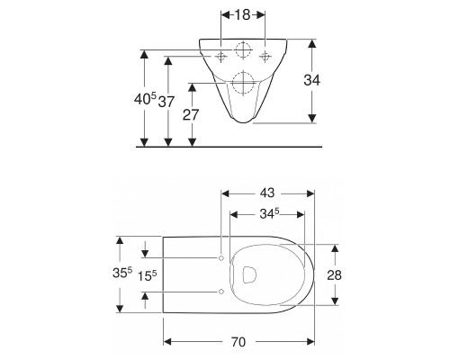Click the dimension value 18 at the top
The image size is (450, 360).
[242, 14]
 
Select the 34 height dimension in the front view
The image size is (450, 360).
[312, 80]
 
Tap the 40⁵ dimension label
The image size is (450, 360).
[145, 99]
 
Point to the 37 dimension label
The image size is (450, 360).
[166, 102]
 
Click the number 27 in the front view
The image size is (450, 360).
[191, 114]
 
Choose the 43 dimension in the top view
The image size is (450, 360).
[267, 193]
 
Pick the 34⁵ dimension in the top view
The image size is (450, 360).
[269, 213]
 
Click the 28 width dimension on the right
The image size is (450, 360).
[334, 274]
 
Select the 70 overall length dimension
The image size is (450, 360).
[238, 342]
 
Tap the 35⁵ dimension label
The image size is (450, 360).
[122, 273]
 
